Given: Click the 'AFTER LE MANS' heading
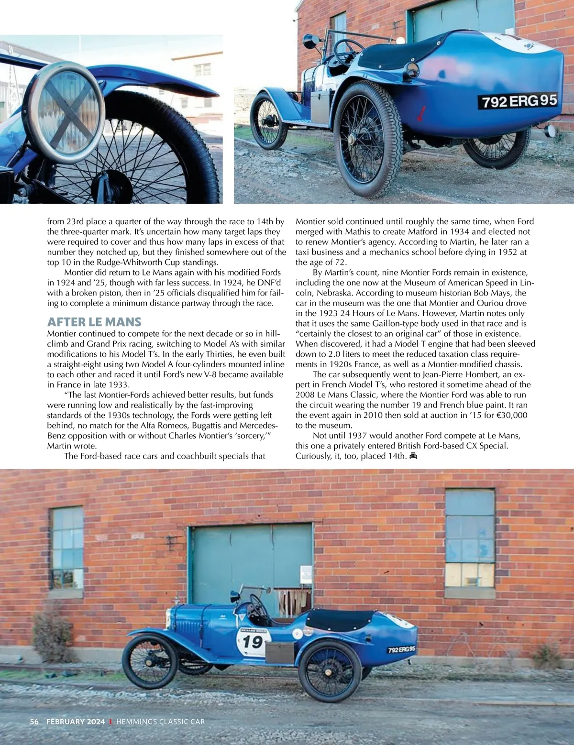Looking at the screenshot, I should [94, 321].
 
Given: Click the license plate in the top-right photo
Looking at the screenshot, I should [519, 101].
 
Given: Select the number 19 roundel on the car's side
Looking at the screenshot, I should [252, 641].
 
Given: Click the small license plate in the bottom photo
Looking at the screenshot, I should [401, 650].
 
